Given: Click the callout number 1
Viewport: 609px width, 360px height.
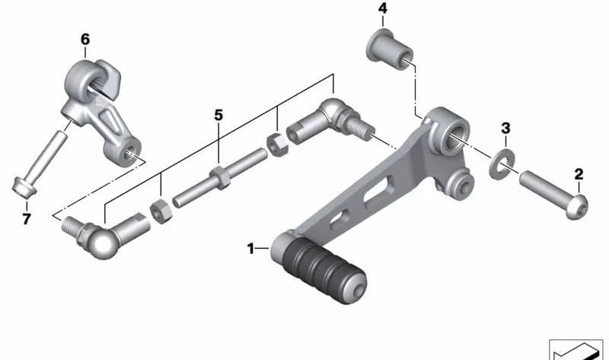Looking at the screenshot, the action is click(x=251, y=249).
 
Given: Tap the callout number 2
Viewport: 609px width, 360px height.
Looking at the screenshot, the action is click(x=579, y=174).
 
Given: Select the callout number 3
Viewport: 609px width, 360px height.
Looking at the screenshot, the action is click(x=505, y=128).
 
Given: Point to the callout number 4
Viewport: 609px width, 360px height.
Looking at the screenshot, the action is click(x=383, y=8).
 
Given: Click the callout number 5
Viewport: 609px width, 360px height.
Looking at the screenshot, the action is click(x=218, y=116).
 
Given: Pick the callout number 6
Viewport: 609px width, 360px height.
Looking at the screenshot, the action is click(x=85, y=40).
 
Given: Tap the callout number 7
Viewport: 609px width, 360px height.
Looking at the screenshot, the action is click(x=26, y=219).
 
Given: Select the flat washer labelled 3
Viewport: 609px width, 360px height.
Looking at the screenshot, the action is click(x=502, y=163).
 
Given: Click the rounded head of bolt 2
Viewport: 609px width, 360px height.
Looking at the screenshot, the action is click(x=577, y=207).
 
